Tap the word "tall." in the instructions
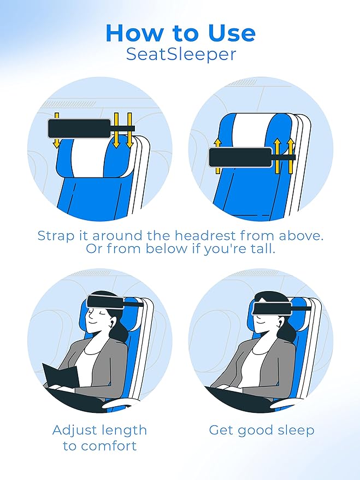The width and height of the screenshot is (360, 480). point(260,249)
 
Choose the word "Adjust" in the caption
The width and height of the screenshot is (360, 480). point(76,430)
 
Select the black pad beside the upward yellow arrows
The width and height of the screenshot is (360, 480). point(240,157)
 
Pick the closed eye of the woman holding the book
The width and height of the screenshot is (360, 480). point(97,316)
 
